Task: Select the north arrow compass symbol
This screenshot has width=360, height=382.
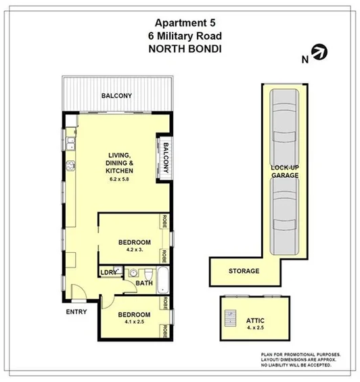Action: click(x=318, y=53)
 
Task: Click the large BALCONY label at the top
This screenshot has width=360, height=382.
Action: click(x=116, y=96)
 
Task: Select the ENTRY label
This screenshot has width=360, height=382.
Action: click(x=76, y=312)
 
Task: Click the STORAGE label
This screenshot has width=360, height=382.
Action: click(x=243, y=271)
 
